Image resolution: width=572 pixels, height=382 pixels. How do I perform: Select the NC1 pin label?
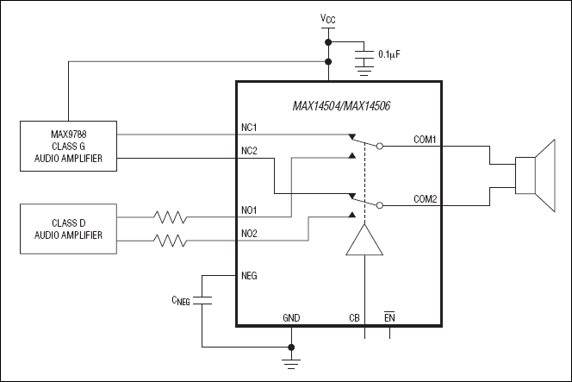pyautogui.click(x=251, y=128)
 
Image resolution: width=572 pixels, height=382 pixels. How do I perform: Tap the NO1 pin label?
pyautogui.click(x=251, y=209)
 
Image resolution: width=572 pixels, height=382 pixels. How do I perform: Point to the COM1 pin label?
pyautogui.click(x=425, y=139)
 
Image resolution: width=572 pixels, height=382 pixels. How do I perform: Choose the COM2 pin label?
pyautogui.click(x=425, y=199)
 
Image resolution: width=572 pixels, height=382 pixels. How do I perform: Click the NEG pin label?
pyautogui.click(x=251, y=276)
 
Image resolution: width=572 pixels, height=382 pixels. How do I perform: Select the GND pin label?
pyautogui.click(x=292, y=317)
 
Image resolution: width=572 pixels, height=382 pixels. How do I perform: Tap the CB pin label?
pyautogui.click(x=354, y=317)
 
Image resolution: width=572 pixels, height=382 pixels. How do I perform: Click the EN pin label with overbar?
pyautogui.click(x=389, y=317)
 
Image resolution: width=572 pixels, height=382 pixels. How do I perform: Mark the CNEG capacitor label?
pyautogui.click(x=179, y=300)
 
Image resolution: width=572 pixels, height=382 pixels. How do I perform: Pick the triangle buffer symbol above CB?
pyautogui.click(x=365, y=241)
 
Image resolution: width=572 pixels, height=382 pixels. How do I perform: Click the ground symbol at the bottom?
pyautogui.click(x=292, y=363)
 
